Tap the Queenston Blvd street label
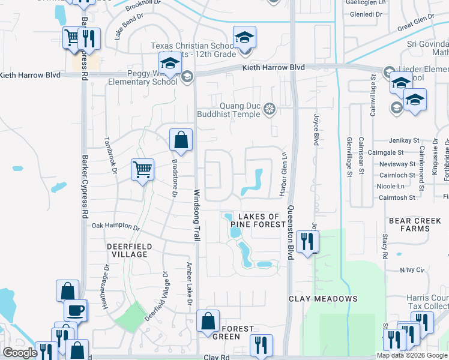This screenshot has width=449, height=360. (290, 232)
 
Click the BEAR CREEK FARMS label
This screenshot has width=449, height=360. (415, 224)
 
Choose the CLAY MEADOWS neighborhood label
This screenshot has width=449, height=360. (323, 298)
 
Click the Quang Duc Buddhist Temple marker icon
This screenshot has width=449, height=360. (271, 108)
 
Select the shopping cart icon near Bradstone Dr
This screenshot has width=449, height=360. (142, 169)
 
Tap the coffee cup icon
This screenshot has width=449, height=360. (76, 310)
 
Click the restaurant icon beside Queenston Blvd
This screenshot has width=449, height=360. (307, 242)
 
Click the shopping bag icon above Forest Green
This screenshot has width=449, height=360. (208, 320)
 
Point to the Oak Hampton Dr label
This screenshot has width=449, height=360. (116, 227)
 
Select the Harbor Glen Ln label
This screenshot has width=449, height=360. (280, 175)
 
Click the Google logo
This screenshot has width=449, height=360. (20, 353)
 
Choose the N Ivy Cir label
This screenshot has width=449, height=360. (411, 270)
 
